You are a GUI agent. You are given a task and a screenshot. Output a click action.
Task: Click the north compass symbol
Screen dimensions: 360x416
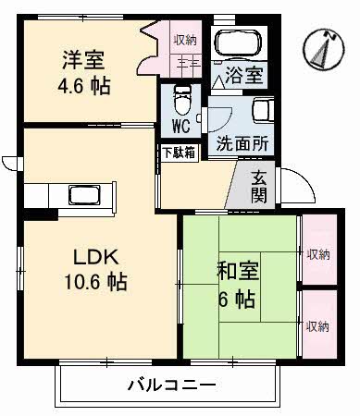323,49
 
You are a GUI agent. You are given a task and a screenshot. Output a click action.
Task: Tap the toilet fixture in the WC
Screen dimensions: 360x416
182,101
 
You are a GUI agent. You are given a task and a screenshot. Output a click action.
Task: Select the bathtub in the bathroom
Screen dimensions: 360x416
238,43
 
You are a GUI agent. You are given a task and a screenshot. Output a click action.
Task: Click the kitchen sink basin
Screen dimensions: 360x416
84,195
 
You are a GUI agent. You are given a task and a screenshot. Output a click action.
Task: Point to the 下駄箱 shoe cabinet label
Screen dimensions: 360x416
180,153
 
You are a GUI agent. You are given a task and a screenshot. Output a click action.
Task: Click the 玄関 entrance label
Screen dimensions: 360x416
259,187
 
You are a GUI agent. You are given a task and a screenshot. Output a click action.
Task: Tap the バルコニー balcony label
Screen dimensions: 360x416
171,385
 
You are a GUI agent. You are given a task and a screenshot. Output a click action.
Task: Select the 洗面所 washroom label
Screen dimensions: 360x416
242,143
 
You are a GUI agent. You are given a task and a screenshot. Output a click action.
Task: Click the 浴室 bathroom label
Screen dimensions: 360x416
244,75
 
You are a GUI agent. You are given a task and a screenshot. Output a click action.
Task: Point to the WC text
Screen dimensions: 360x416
181,126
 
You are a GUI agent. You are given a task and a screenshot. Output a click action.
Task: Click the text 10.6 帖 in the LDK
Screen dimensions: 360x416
95,281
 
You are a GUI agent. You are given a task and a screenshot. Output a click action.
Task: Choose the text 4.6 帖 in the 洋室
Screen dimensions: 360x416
84,86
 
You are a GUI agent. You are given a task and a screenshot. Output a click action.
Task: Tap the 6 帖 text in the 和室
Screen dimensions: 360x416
237,299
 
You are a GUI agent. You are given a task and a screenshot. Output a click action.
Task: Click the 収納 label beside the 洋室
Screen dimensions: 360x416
185,40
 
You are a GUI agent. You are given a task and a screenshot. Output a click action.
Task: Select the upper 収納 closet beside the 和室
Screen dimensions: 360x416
319,249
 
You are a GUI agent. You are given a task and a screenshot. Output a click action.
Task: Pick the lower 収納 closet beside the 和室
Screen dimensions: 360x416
319,324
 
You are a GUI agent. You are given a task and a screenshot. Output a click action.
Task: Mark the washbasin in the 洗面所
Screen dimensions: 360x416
263,110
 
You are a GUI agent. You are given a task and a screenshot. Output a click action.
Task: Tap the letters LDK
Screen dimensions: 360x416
96,257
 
